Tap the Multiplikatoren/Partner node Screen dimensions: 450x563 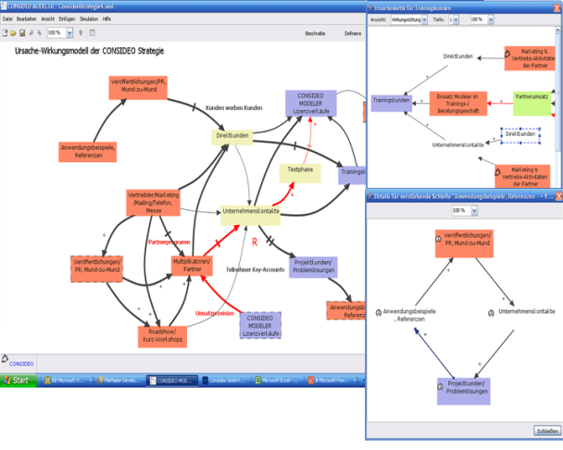pos(193,265)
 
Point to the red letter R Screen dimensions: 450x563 pos(254,241)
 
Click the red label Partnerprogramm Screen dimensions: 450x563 pos(169,243)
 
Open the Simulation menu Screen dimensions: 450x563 pos(89,18)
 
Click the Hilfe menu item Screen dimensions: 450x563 pos(108,18)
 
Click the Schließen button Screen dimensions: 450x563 pos(546,430)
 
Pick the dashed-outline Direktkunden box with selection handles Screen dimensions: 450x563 pos(521,135)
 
